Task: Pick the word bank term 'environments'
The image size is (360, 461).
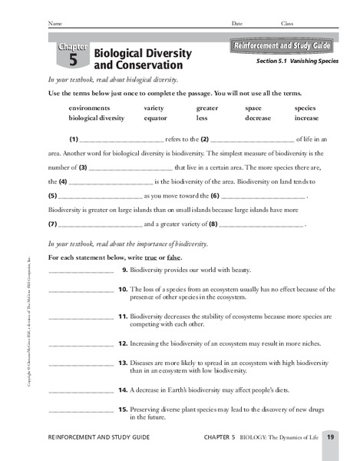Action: coord(91,108)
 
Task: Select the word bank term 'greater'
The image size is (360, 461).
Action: coord(206,108)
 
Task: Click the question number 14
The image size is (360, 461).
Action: coord(121,390)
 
